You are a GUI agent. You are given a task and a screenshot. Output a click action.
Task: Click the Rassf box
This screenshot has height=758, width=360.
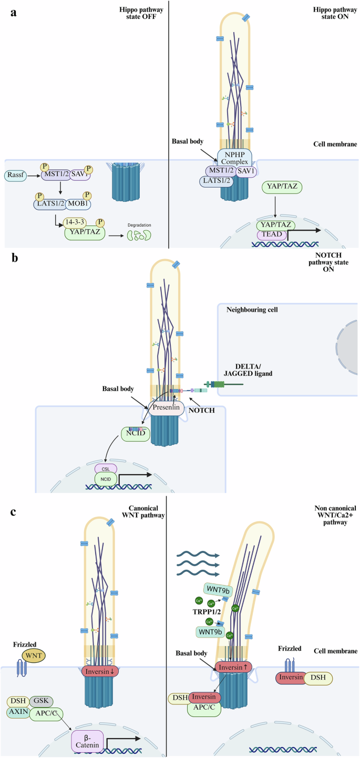point(17,173)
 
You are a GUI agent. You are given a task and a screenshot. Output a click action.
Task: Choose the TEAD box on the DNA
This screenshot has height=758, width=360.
point(272,235)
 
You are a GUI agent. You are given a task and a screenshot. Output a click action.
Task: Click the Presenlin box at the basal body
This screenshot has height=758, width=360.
point(167,407)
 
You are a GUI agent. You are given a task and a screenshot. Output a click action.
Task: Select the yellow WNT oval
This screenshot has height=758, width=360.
point(33,637)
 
